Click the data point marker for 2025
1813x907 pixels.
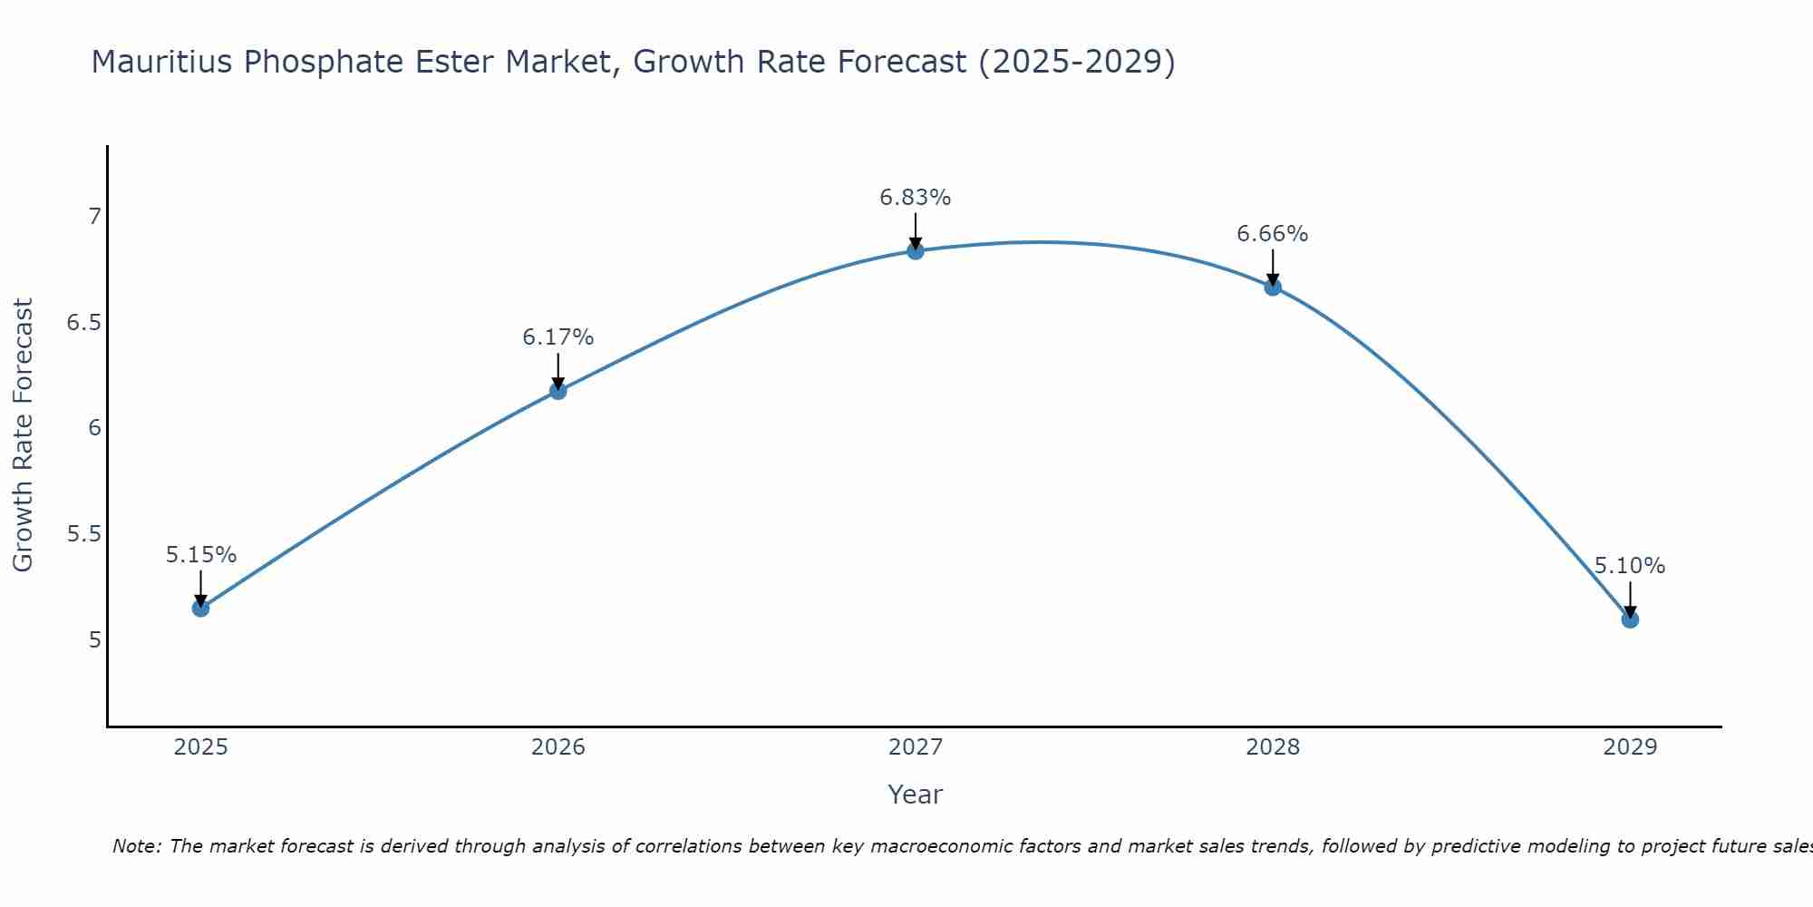point(201,608)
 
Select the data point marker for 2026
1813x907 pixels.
point(558,391)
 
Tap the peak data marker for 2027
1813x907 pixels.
point(916,251)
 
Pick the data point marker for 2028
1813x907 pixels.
point(1273,288)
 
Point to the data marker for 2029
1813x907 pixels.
point(1630,619)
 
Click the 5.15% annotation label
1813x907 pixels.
point(201,555)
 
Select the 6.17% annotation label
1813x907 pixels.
point(558,337)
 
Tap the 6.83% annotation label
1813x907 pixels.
point(916,198)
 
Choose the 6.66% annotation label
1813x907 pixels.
point(1273,234)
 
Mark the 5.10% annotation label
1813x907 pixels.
point(1630,566)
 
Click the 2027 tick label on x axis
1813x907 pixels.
point(916,747)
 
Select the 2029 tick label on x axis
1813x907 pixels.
point(1630,747)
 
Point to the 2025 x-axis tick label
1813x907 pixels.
point(201,747)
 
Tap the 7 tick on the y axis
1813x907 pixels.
point(93,217)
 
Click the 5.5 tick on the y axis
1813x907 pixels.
point(83,533)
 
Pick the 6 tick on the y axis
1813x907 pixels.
point(93,428)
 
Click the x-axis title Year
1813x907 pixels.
point(916,795)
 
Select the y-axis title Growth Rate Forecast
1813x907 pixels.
point(23,435)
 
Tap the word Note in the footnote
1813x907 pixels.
point(136,846)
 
